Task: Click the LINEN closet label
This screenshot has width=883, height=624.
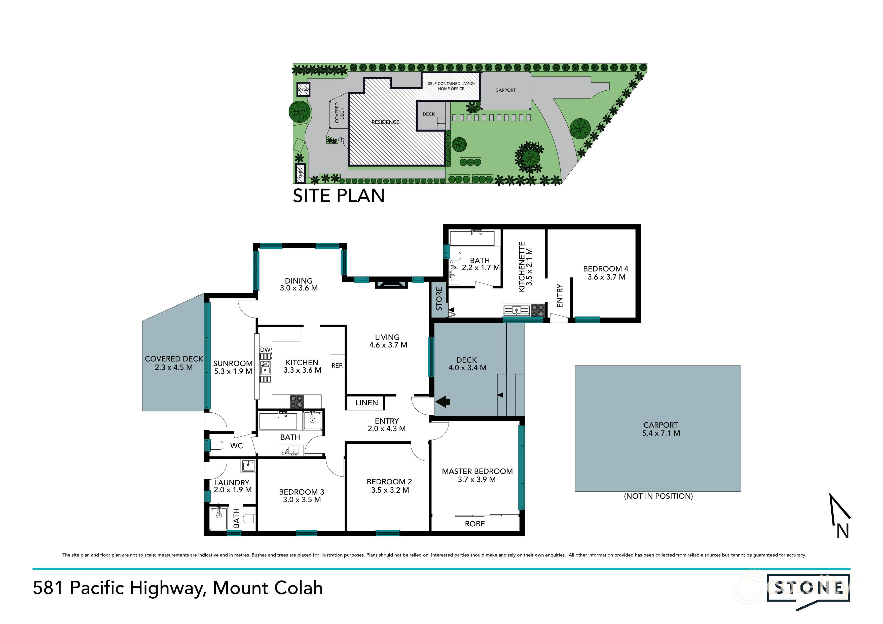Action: [x=366, y=403]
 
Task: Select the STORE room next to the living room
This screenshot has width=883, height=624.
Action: [x=438, y=299]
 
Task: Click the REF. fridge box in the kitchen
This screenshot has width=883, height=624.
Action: [x=337, y=365]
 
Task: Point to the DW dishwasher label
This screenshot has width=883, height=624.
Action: [x=265, y=349]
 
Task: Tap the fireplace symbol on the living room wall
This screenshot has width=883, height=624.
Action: [x=391, y=285]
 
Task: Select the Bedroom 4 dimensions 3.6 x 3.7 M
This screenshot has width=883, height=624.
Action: [x=606, y=277]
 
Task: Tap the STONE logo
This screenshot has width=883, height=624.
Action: [x=808, y=588]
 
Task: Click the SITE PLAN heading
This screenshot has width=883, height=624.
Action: [x=339, y=196]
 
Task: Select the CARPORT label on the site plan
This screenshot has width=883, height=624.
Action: [x=505, y=90]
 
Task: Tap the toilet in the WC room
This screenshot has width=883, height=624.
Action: [x=217, y=446]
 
